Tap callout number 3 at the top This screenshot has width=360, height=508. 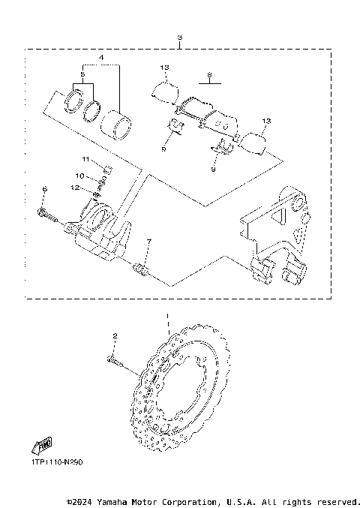pos(178,38)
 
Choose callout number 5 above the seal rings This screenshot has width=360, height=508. pos(82,74)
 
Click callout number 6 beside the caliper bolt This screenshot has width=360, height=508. pos(44,188)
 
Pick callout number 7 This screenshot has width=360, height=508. pos(148,241)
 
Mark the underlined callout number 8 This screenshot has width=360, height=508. pos(210,75)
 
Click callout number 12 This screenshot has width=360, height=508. pos(87,187)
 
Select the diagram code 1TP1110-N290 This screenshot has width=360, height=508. pos(56,462)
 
